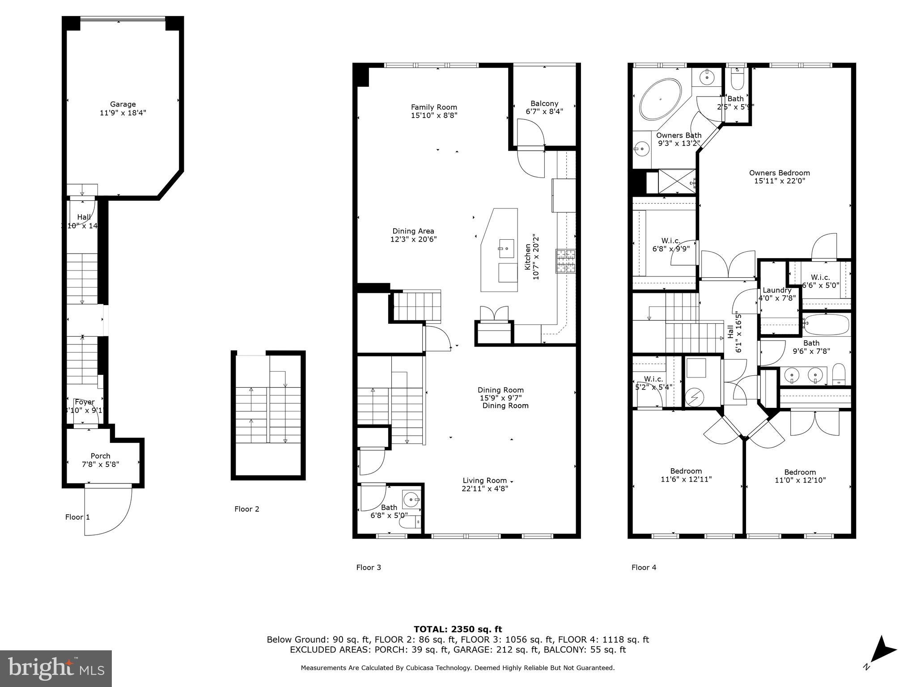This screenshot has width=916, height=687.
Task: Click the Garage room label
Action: coord(123,104)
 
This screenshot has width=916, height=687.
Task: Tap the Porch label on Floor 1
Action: coord(100,456)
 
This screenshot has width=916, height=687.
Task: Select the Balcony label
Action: coord(544,103)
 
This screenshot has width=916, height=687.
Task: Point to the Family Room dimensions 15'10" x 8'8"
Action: coord(434,115)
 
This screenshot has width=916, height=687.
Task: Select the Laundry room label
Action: coord(777,290)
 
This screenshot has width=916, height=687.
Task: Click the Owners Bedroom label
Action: coord(779,173)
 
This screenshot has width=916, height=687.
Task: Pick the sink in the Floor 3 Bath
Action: coord(411,499)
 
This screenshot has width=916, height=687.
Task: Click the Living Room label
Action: coord(484,480)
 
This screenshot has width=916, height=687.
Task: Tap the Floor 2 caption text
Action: coord(246,509)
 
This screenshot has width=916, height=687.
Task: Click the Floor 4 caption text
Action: coord(644,568)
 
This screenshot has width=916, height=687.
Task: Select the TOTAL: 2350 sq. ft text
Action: coord(458,629)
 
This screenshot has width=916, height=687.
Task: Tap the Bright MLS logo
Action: coord(55,668)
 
